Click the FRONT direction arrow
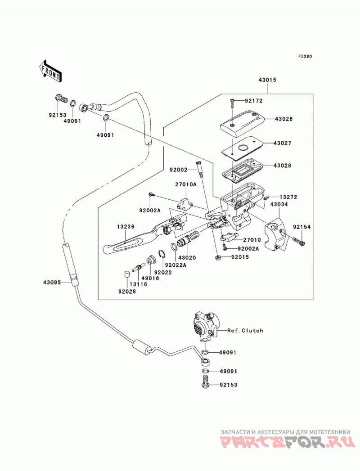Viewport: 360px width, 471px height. tap(50, 72)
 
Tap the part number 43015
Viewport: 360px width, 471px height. tap(267, 80)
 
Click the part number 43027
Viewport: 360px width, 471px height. tap(282, 144)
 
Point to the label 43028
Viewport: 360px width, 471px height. tap(282, 166)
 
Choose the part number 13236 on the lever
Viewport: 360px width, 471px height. tap(126, 227)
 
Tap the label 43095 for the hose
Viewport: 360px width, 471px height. tap(52, 283)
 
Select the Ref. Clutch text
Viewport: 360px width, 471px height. tap(245, 331)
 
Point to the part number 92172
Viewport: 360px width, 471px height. tap(253, 101)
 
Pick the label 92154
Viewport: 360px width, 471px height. tap(302, 227)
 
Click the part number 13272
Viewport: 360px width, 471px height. tap(288, 197)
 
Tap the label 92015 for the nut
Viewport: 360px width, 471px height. tap(240, 257)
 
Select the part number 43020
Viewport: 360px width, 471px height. tap(187, 258)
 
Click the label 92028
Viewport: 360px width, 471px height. tap(127, 292)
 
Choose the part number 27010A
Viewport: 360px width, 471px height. tap(186, 185)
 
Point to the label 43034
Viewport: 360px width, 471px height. tap(279, 204)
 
